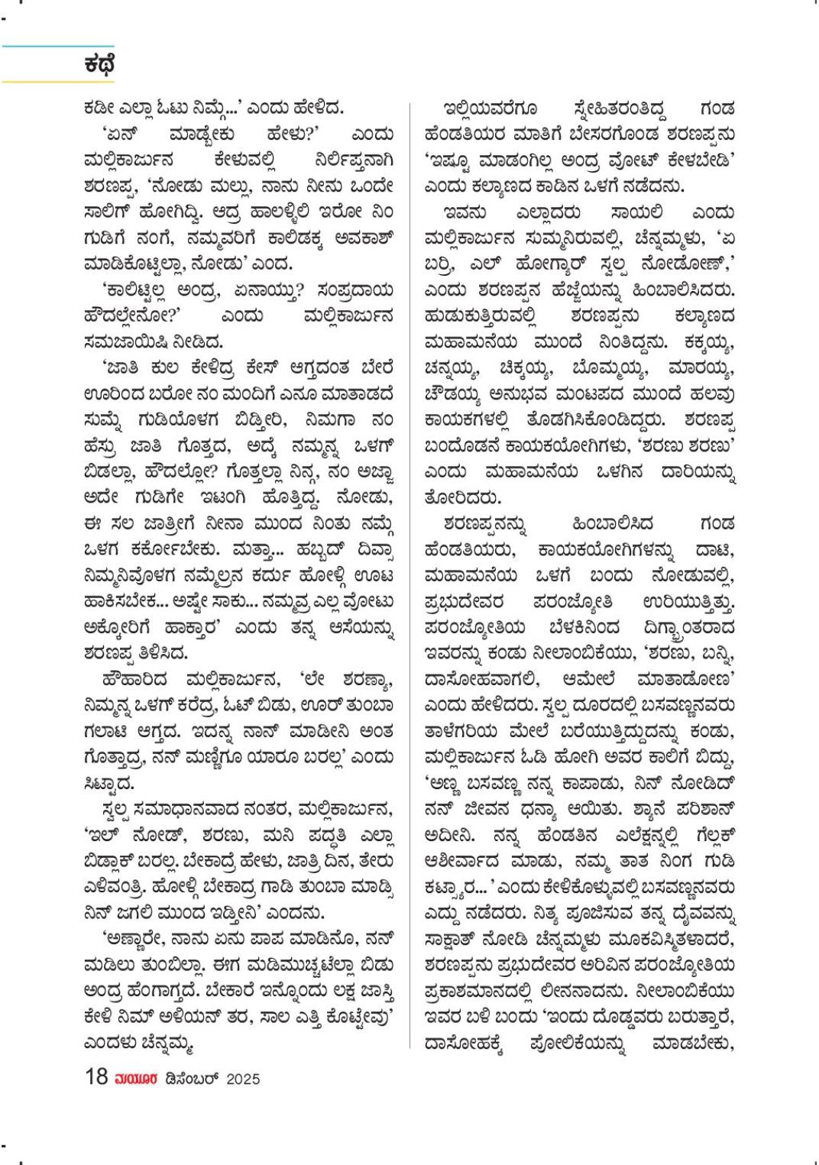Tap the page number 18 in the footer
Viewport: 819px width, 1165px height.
point(97,1077)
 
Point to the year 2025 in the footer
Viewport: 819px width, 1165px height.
point(243,1079)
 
